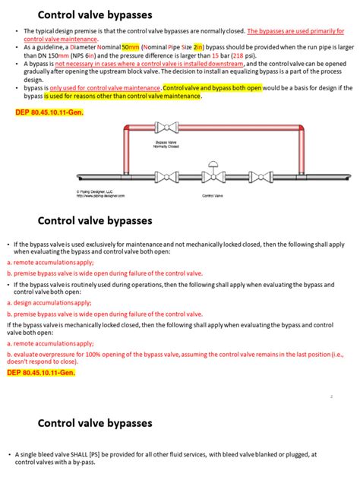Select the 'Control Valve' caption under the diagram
click(211, 195)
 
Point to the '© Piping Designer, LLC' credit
click(94, 191)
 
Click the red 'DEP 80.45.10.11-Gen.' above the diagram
click(49, 112)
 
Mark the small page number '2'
click(332, 396)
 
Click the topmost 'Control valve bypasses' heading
click(95, 14)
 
